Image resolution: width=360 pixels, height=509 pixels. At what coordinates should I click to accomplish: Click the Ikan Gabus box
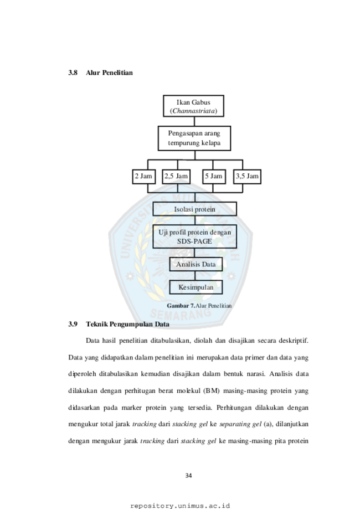193,106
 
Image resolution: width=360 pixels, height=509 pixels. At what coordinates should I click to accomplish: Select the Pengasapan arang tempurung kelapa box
194,138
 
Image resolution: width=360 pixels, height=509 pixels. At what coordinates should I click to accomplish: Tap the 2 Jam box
144,177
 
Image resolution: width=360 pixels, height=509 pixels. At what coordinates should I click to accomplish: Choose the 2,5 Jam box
176,177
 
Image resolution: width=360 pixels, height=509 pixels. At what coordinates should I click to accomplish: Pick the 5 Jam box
214,177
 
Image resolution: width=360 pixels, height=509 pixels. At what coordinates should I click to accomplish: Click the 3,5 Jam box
248,177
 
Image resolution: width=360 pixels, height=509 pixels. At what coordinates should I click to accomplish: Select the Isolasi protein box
195,209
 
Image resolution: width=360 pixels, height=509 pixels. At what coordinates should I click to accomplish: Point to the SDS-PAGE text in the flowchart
194,241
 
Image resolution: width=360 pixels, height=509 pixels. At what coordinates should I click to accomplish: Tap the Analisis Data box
196,264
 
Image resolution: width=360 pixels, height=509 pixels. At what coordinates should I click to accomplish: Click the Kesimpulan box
196,287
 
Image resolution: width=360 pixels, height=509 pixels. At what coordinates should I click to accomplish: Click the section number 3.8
73,73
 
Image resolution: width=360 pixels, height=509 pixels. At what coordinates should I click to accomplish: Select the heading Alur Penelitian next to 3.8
110,73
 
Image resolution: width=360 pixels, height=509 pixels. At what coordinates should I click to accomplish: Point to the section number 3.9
73,324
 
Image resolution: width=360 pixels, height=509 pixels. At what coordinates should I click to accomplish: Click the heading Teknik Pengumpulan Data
127,325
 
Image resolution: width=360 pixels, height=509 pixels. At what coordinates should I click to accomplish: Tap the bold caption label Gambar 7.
181,306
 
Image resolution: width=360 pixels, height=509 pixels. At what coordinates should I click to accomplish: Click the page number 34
188,476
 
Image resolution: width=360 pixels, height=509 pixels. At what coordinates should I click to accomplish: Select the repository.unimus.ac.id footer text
180,506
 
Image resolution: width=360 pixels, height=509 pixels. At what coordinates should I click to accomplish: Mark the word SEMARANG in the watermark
181,313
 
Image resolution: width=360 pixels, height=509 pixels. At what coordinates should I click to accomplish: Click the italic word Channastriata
193,111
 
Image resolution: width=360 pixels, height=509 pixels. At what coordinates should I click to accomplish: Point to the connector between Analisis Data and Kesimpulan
195,276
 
